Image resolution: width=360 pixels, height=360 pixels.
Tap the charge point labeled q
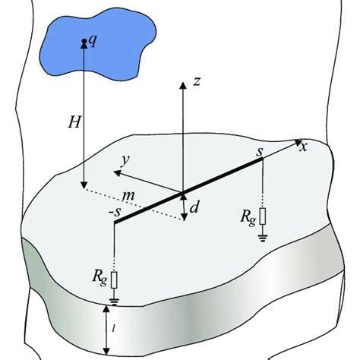coord(83,43)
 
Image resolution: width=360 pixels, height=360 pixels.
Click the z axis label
coord(195,81)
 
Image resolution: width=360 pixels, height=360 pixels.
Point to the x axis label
coord(304,147)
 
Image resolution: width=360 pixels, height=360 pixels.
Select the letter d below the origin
coord(194,206)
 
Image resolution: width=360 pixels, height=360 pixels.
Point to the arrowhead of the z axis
coord(182,81)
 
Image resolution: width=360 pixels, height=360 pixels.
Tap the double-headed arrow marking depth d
coord(183,204)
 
